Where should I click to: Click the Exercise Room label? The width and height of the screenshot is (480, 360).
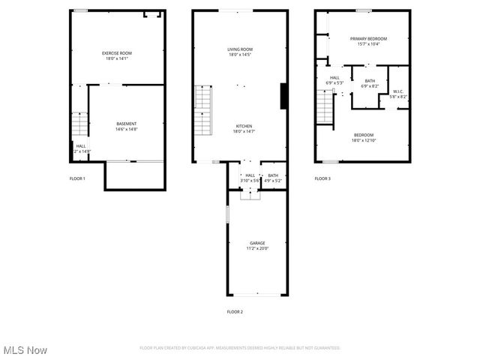pyautogui.click(x=117, y=52)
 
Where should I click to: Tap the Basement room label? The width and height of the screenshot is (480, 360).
pyautogui.click(x=126, y=123)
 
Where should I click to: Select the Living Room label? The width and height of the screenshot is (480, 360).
pyautogui.click(x=239, y=49)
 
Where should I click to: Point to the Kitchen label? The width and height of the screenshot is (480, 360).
pyautogui.click(x=244, y=126)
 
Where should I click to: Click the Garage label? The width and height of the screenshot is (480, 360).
pyautogui.click(x=257, y=243)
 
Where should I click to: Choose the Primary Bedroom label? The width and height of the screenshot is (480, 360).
pyautogui.click(x=368, y=38)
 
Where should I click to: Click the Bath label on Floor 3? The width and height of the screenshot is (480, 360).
pyautogui.click(x=370, y=81)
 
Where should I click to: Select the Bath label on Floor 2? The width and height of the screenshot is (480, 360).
pyautogui.click(x=272, y=175)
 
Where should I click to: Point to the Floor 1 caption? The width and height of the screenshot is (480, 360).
pyautogui.click(x=77, y=178)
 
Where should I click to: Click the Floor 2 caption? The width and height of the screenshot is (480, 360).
pyautogui.click(x=235, y=311)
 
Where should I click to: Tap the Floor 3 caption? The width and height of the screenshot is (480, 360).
pyautogui.click(x=322, y=178)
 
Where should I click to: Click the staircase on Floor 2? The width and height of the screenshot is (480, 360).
pyautogui.click(x=204, y=110)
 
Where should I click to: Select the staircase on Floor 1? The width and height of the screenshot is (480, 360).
pyautogui.click(x=80, y=123)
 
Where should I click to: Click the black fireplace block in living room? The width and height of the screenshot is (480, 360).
pyautogui.click(x=283, y=97)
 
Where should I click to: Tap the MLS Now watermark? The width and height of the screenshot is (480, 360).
pyautogui.click(x=25, y=350)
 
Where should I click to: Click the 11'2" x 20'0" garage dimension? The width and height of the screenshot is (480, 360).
pyautogui.click(x=257, y=248)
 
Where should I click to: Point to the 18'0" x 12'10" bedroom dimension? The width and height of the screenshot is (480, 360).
pyautogui.click(x=363, y=140)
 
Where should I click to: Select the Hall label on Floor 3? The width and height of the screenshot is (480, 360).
pyautogui.click(x=334, y=77)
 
